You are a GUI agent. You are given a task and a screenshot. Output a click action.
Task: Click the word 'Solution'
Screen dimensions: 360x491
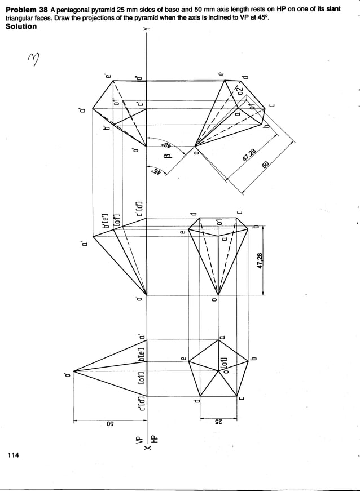[21, 26]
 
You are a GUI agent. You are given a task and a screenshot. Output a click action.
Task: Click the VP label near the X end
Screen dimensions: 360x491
[134, 440]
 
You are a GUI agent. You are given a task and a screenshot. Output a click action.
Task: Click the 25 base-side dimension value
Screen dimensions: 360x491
[221, 423]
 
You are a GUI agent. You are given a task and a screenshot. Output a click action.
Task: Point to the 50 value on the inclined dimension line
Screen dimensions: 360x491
[266, 165]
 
